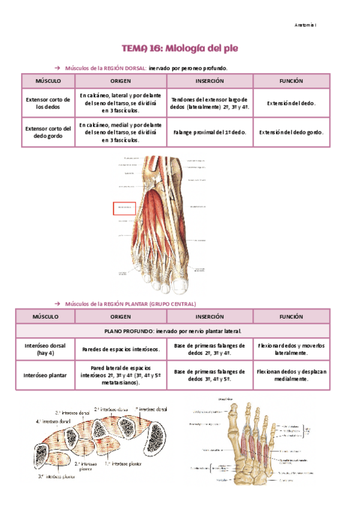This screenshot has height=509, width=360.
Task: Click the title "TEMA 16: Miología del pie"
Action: (181, 47)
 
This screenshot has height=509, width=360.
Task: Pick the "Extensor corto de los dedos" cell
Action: (47, 103)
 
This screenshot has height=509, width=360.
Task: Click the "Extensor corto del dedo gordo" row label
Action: (47, 132)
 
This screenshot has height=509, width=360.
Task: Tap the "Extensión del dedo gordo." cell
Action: (291, 132)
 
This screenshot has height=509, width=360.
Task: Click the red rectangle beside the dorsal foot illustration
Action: (125, 208)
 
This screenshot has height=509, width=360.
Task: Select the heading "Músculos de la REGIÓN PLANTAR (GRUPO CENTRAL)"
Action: (131, 304)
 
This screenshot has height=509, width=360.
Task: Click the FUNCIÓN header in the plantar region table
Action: (291, 316)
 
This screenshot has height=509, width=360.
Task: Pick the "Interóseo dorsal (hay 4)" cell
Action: (47, 350)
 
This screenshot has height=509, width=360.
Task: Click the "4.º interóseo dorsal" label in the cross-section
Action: (52, 421)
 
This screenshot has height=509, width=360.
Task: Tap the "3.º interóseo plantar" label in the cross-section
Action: (58, 476)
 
